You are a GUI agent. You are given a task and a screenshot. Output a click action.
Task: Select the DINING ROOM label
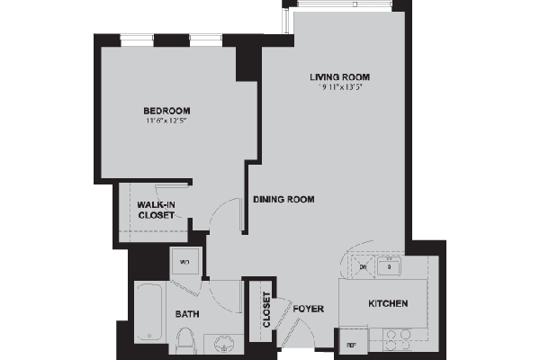283,200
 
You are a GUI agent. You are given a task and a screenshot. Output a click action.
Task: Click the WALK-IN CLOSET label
155,211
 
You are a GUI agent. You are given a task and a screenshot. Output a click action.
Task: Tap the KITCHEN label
388,304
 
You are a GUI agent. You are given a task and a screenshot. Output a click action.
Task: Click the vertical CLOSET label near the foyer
266,309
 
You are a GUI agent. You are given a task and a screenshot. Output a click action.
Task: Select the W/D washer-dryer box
185,263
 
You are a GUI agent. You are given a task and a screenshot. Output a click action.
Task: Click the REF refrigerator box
350,343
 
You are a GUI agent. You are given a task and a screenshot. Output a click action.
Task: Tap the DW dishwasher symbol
363,267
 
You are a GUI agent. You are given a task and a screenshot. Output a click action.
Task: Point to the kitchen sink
391,267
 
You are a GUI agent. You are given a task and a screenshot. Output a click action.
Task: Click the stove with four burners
397,338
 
